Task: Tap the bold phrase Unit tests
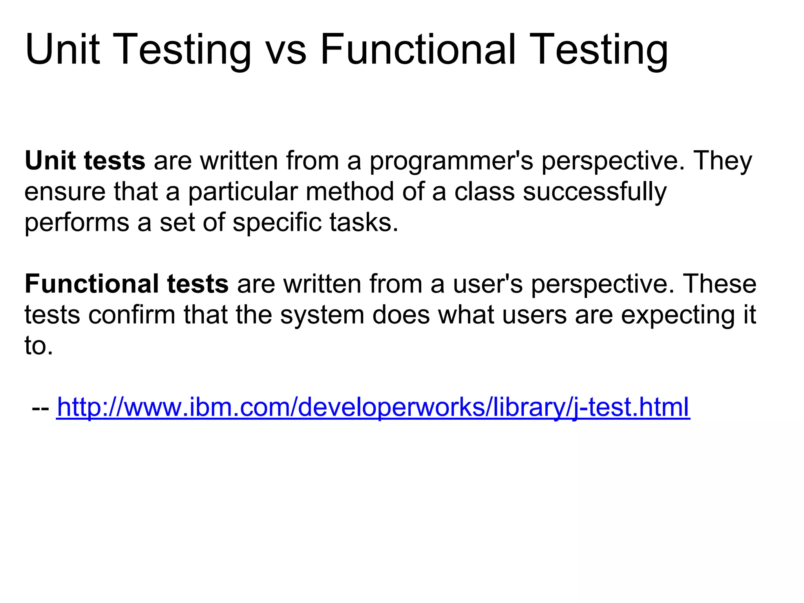pos(85,161)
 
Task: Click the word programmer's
pos(451,162)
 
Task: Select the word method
pos(350,192)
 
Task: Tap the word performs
pos(77,223)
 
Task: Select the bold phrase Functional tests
pos(126,284)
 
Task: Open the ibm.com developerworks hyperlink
pos(373,407)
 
